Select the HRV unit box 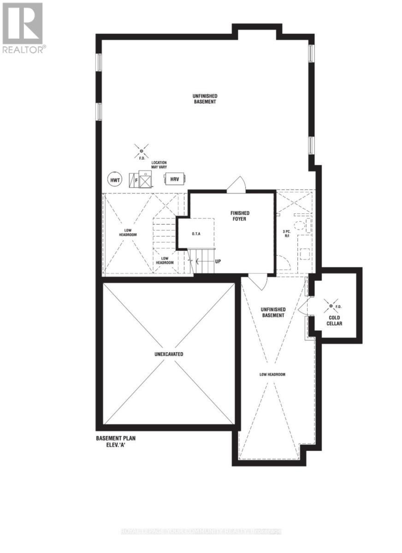174,179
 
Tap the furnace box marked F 136,180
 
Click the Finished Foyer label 240,216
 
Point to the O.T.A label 196,234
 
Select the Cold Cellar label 335,320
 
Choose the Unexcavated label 169,354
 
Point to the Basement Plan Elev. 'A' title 116,442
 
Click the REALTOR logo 23,28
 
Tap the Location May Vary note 159,165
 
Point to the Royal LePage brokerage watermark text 201,531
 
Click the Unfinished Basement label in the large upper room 205,99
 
